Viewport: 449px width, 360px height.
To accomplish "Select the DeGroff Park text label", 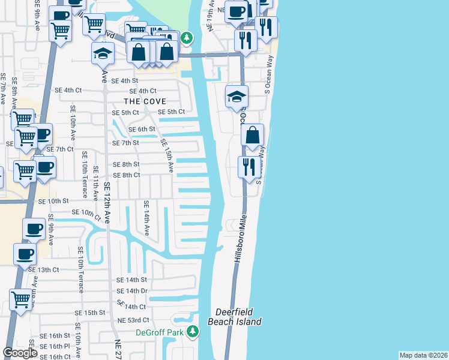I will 158,332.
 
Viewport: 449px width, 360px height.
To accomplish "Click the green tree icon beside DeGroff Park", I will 193,331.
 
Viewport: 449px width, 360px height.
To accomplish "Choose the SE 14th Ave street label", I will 146,218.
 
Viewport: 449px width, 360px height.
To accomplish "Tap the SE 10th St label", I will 54,202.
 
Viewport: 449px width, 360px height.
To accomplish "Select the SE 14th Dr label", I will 132,291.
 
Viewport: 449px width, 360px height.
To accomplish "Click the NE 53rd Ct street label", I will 133,320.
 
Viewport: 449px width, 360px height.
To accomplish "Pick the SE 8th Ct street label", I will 127,175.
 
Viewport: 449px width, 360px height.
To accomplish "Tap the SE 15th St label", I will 90,313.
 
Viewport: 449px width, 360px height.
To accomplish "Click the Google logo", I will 20,353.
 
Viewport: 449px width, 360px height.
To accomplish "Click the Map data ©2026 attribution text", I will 424,355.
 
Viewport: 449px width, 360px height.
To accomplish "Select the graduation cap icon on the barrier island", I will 237,96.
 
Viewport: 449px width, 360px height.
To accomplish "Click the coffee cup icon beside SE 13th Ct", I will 25,254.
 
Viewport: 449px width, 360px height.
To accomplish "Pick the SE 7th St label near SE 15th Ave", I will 126,143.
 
